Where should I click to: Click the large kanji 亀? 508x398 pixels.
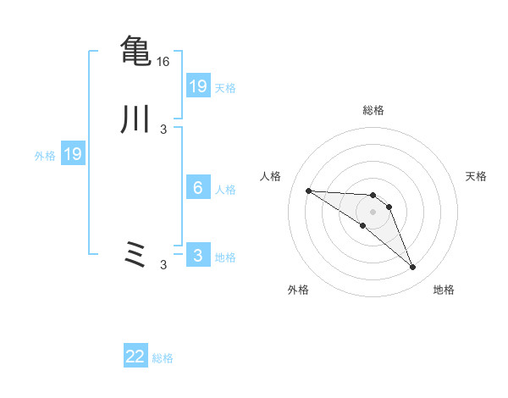point(135,50)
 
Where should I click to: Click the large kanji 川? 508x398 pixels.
point(135,119)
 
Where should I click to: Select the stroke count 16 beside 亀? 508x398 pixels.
point(163,62)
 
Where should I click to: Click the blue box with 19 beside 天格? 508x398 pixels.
point(198,86)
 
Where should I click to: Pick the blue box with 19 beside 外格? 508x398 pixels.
point(73,154)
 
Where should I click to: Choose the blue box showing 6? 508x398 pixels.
point(198,188)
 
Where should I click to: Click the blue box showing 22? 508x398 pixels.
point(135,357)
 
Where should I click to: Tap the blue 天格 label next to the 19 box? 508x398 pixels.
point(225,87)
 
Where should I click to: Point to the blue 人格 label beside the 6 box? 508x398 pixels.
point(225,189)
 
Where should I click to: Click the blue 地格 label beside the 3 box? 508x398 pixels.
point(225,257)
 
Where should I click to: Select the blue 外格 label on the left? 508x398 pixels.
point(45,155)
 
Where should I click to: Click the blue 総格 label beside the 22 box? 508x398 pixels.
point(163,358)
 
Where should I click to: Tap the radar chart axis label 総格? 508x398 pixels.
point(373,110)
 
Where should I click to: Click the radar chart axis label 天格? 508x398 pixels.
point(477,176)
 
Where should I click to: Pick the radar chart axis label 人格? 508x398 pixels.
point(270,176)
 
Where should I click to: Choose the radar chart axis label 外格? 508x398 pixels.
point(298,290)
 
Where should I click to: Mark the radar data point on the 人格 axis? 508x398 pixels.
point(308,191)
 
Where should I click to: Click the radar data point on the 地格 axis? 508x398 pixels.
point(413,268)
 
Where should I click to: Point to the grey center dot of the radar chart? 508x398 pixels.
point(373,212)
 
